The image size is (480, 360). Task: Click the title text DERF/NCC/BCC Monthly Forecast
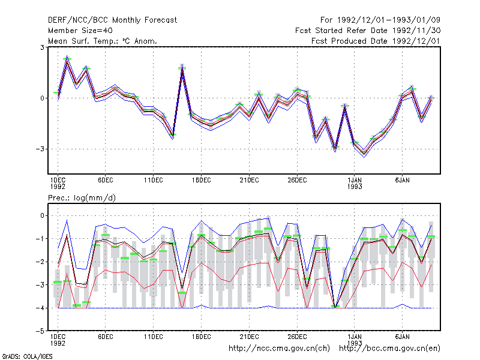pos(112,20)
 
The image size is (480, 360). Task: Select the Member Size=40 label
pos(80,31)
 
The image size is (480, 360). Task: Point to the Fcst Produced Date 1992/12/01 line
pos(376,41)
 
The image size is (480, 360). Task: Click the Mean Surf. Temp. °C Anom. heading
pos(103,41)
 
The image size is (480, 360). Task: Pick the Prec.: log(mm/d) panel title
pos(82,198)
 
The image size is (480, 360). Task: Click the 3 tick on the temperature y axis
pos(42,47)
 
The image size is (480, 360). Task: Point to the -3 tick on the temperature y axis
pos(40,149)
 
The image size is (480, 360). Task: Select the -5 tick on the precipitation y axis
pos(40,331)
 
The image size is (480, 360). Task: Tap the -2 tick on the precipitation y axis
pos(40,262)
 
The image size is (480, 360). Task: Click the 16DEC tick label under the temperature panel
pos(201,181)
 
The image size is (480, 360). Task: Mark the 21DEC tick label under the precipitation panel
pos(249,337)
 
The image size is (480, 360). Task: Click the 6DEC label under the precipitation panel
pos(106,337)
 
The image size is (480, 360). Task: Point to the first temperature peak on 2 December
pos(67,58)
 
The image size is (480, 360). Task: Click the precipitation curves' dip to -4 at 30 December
pos(335,307)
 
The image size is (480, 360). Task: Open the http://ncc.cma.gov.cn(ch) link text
pos(279,349)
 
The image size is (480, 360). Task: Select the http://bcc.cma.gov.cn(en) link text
pos(389,349)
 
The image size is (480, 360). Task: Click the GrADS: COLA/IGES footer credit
pos(27,356)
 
